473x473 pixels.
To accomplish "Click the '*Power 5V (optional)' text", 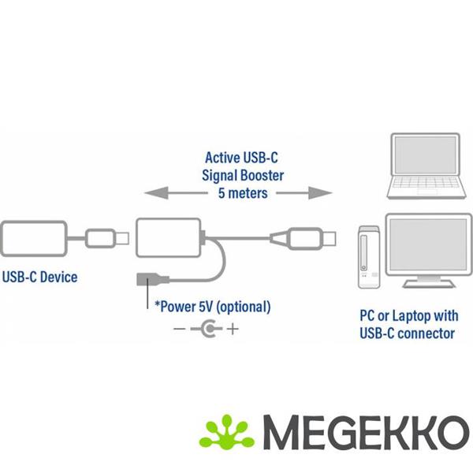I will (x=212, y=306).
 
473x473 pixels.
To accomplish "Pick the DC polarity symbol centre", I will (x=207, y=329).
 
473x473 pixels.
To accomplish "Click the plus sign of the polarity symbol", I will (x=233, y=329).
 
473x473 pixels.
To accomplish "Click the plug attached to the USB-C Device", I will (x=102, y=236).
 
